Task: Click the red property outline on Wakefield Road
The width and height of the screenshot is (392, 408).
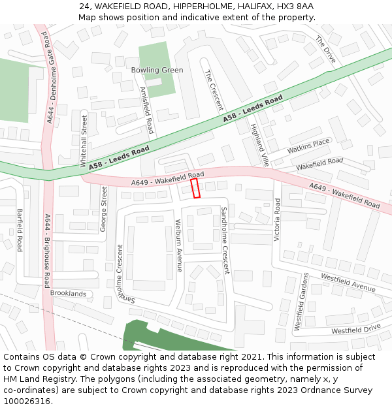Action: click(195, 189)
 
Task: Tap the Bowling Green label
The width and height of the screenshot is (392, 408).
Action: click(157, 70)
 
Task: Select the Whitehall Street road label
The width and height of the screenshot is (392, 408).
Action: click(84, 140)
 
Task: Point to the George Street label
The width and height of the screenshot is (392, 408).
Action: click(104, 209)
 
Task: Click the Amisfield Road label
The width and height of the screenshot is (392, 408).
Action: click(147, 110)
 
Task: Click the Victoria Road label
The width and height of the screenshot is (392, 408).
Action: click(277, 219)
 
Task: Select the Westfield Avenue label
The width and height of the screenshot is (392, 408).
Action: click(348, 282)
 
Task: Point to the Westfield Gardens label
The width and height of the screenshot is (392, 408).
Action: click(301, 301)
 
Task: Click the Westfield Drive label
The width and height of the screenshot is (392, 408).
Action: click(355, 330)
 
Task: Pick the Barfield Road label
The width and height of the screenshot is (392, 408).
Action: click(20, 230)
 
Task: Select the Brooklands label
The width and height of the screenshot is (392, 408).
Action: click(68, 294)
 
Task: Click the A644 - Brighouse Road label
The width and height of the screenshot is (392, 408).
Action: click(47, 251)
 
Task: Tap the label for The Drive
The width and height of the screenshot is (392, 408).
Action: click(325, 50)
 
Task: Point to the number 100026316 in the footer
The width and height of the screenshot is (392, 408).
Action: click(27, 401)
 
